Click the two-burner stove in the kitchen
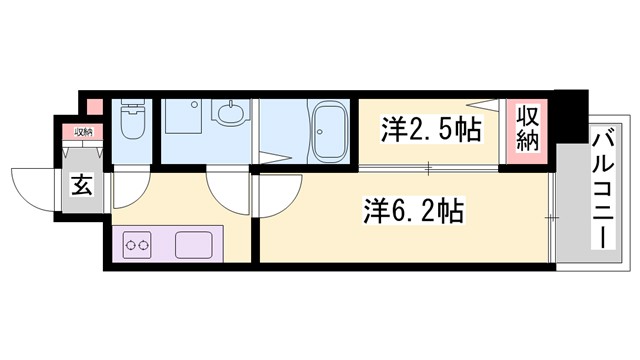coord(137,244)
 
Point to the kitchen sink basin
coord(195,244)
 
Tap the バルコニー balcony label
coord(602,191)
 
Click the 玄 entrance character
coord(80,185)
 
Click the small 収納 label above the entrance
coord(80,132)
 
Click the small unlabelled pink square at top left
coord(92,104)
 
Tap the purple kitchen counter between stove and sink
coord(165,244)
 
